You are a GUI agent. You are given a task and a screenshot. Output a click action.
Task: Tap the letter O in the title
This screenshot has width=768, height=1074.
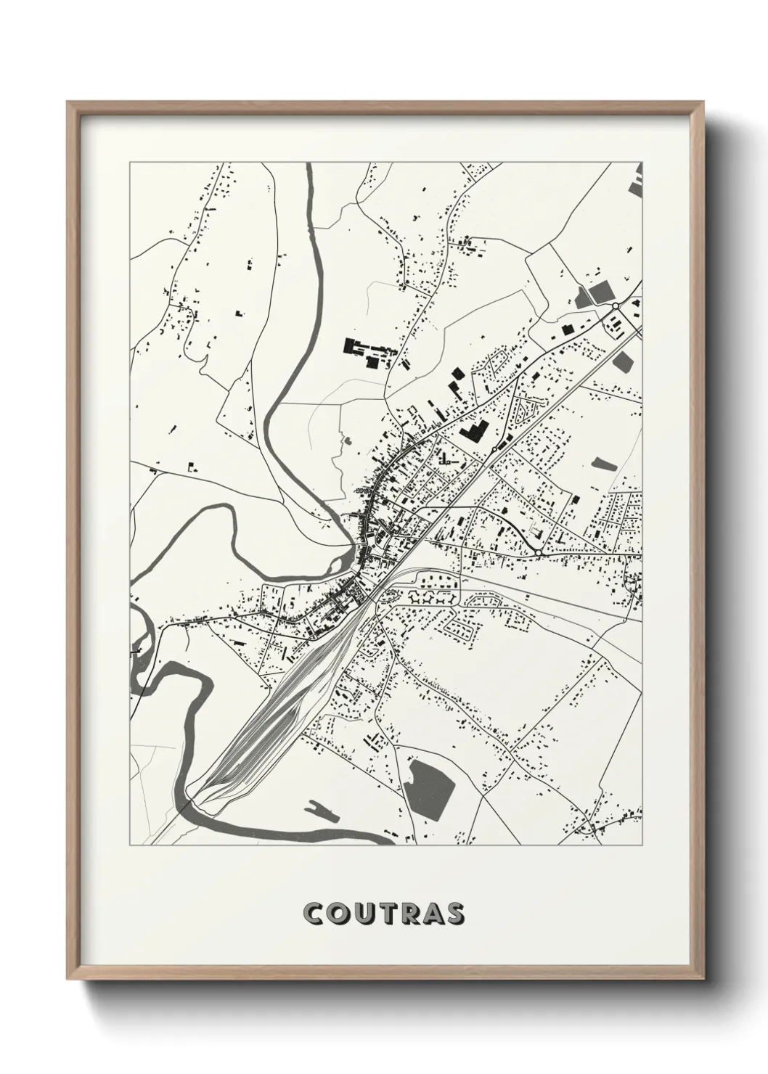tap(339, 914)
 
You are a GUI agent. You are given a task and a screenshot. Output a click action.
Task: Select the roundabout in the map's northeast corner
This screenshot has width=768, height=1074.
tap(616, 306)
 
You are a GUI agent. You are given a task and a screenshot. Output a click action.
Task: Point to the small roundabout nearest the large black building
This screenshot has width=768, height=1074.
tap(494, 450)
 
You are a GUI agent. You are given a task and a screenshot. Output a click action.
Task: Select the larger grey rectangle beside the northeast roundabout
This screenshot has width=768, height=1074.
tap(602, 292)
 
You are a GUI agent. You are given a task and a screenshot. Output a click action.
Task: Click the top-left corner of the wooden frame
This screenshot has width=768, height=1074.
tap(68, 102)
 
